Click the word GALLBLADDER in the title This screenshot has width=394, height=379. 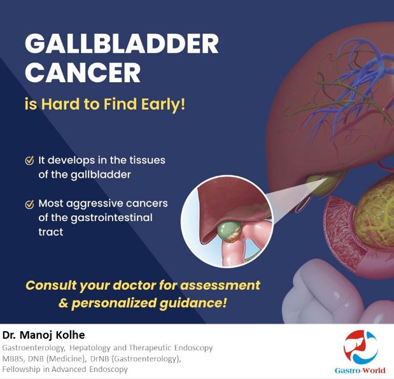coord(122,43)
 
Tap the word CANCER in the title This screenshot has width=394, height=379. coord(83,72)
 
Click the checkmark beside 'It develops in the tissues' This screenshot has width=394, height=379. coord(30,161)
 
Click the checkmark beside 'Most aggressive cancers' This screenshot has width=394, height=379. coord(30,204)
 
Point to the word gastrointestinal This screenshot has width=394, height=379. coord(111,218)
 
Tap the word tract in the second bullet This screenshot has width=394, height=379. coord(50,232)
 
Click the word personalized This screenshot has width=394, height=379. coord(114,303)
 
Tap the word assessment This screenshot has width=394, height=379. coord(220,285)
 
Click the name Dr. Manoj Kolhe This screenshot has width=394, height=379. coord(44,335)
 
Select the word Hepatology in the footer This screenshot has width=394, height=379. coord(90,348)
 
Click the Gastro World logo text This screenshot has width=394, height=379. coord(360,370)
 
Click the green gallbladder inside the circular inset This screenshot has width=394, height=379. coord(229,232)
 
